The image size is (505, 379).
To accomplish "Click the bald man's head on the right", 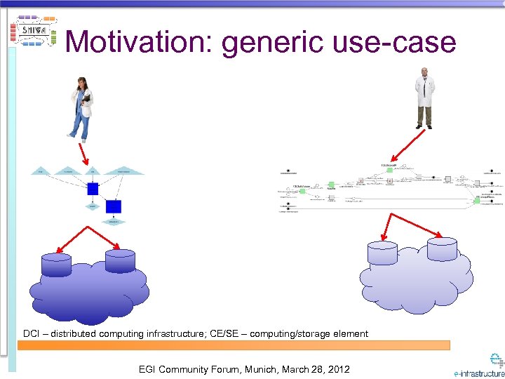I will tap(424, 72).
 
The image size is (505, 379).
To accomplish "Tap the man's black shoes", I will tap(424, 126).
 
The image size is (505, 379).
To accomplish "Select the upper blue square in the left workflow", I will tap(93, 189).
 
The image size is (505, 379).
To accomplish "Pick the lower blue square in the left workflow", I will tap(114, 206).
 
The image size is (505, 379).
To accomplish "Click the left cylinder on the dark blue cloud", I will tap(56, 265).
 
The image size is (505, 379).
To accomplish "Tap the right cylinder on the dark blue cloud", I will tap(120, 260).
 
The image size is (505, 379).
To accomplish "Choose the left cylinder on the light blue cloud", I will tap(382, 253).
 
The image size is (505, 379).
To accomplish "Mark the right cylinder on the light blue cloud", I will tap(443, 247).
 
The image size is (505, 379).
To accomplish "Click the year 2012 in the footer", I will tap(337, 369).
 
